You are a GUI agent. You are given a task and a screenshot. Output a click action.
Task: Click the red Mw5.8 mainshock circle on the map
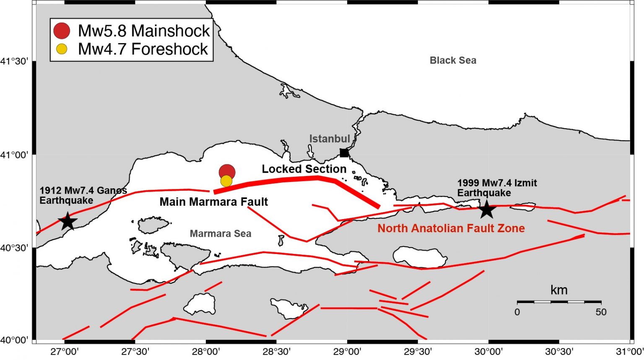(227, 171)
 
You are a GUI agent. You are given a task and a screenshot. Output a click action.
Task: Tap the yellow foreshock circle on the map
(226, 181)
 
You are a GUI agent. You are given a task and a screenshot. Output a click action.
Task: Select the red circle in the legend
(62, 31)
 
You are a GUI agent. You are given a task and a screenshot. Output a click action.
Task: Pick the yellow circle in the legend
(62, 49)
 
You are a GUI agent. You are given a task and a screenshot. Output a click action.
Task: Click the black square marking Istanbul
(344, 153)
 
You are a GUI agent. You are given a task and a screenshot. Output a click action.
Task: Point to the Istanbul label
(330, 139)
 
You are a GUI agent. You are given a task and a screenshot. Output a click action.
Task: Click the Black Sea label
(453, 60)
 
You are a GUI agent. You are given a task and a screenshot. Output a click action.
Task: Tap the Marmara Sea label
(221, 233)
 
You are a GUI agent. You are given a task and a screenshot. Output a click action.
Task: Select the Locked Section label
(304, 169)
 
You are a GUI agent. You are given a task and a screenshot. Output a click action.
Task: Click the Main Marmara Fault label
(213, 202)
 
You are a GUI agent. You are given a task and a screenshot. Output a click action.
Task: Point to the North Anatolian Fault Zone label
(451, 228)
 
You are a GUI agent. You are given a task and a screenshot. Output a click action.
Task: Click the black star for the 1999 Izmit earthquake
(486, 210)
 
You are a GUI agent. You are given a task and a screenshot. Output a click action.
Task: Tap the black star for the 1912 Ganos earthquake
(68, 221)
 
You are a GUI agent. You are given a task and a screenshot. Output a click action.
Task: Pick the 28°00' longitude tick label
(206, 351)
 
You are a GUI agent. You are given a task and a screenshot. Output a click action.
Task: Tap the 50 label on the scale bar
(601, 312)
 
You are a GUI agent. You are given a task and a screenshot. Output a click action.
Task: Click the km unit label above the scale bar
(559, 290)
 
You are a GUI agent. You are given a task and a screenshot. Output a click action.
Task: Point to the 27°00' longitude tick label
(65, 351)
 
